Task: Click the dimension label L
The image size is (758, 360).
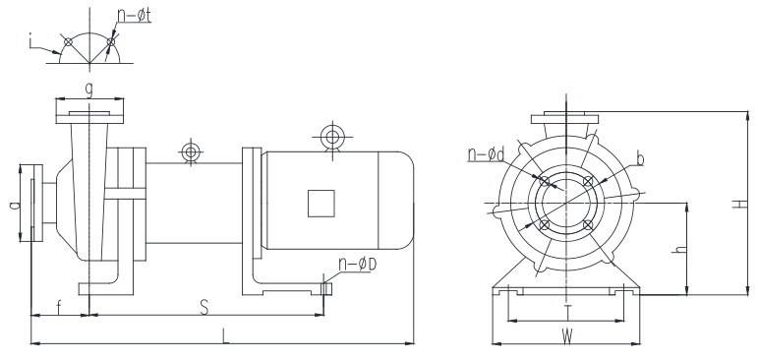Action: (x=225, y=335)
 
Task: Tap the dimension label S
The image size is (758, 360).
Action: (x=204, y=308)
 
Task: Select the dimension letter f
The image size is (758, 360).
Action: (x=59, y=308)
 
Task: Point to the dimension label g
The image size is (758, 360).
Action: (x=89, y=91)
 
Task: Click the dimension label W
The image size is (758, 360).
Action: (x=567, y=336)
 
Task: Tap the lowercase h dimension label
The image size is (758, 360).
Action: (x=680, y=250)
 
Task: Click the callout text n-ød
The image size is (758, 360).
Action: (x=487, y=154)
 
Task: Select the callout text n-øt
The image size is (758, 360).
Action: (x=135, y=15)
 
